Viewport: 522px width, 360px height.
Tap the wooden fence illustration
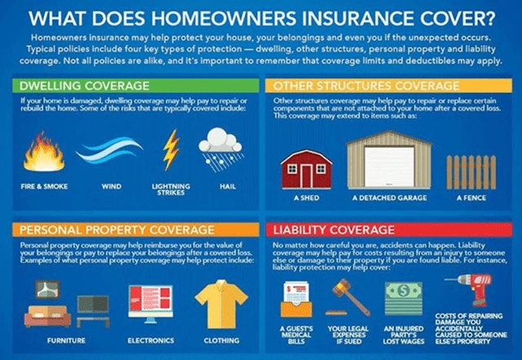[x=471, y=169]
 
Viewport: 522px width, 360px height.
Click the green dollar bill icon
[x=404, y=292]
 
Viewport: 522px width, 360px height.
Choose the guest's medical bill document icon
[x=295, y=299]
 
